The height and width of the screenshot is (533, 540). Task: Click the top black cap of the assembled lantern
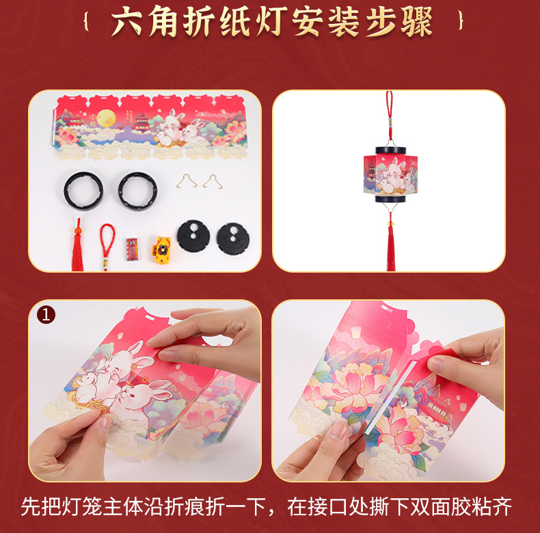pyautogui.click(x=390, y=149)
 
